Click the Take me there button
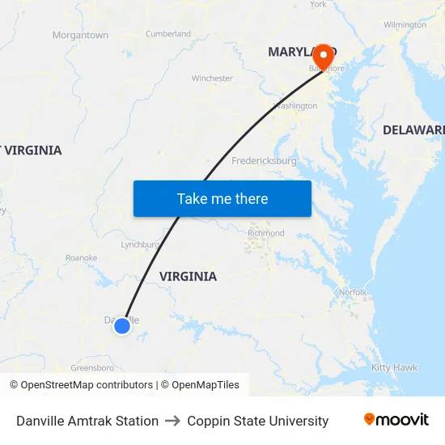pyautogui.click(x=222, y=198)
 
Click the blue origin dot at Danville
pyautogui.click(x=121, y=325)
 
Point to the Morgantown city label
pyautogui.click(x=80, y=36)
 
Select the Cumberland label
pyautogui.click(x=168, y=34)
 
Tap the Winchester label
pyautogui.click(x=212, y=78)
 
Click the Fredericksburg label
pyautogui.click(x=265, y=161)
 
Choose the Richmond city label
pyautogui.click(x=266, y=233)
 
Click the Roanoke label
pyautogui.click(x=81, y=258)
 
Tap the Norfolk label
pyautogui.click(x=353, y=292)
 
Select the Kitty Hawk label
pyautogui.click(x=394, y=368)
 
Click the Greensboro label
pyautogui.click(x=91, y=368)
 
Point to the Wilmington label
pyautogui.click(x=405, y=25)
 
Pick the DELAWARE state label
pyautogui.click(x=413, y=130)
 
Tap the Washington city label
pyautogui.click(x=295, y=106)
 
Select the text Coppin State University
pyautogui.click(x=257, y=421)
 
